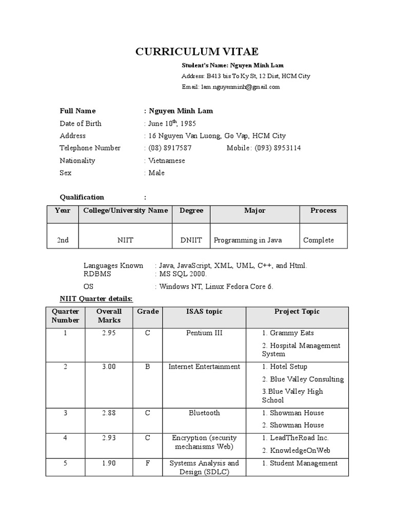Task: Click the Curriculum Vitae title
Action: pyautogui.click(x=197, y=51)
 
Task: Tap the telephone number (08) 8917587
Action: pyautogui.click(x=170, y=148)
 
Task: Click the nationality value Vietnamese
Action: pyautogui.click(x=166, y=160)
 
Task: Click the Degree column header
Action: pyautogui.click(x=191, y=211)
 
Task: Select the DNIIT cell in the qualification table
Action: pyautogui.click(x=191, y=240)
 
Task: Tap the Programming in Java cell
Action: pyautogui.click(x=248, y=240)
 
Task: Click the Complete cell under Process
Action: pyautogui.click(x=319, y=240)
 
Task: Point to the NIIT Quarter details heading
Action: pyautogui.click(x=96, y=298)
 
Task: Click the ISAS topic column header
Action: pyautogui.click(x=204, y=312)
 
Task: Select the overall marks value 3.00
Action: pyautogui.click(x=109, y=367)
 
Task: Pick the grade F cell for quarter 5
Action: pyautogui.click(x=148, y=463)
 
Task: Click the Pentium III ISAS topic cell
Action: pyautogui.click(x=204, y=333)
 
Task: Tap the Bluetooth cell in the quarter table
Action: pyautogui.click(x=204, y=413)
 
